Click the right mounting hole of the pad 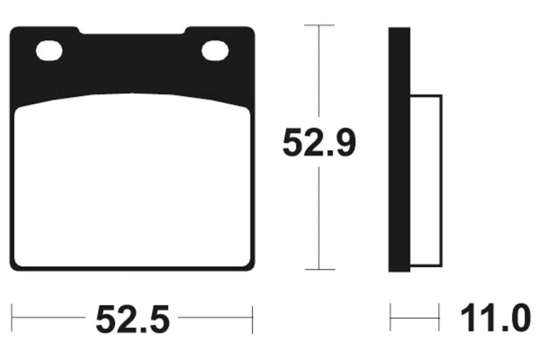coord(215,50)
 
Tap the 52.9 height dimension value coord(319,143)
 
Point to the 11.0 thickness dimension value coord(495,319)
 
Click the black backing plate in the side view coord(399,149)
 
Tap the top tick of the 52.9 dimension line coord(319,25)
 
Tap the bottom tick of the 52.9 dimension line coord(319,269)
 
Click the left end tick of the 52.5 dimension coord(12,319)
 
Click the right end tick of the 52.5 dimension coord(252,319)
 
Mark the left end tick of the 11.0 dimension coord(390,319)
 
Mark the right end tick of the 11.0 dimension coord(439,319)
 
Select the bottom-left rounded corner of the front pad coord(16,265)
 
